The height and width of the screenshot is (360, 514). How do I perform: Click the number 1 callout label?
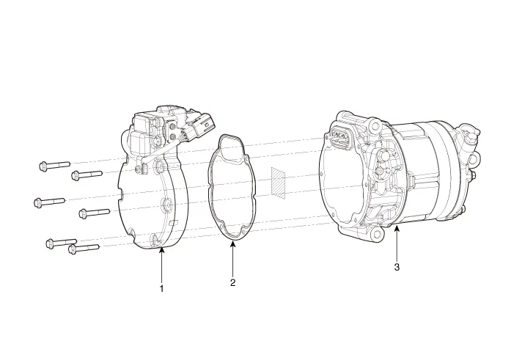(161, 289)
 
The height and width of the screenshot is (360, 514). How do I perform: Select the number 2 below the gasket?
(232, 282)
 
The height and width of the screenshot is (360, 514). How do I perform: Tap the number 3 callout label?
(397, 267)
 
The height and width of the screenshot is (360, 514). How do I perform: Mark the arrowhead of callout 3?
(397, 229)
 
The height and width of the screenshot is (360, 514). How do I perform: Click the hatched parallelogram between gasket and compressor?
(279, 183)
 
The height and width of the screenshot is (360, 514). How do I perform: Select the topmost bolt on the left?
(54, 165)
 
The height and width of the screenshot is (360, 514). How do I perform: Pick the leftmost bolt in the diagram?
(49, 202)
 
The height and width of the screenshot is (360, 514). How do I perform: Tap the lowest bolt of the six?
(84, 249)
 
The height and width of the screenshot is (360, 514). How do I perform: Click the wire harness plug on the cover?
(199, 128)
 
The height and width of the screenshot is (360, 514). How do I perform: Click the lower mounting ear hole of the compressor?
(378, 234)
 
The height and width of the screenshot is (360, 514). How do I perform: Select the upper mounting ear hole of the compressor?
(374, 124)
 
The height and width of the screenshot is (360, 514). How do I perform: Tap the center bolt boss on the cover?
(166, 205)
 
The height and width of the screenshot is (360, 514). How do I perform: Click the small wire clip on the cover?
(140, 169)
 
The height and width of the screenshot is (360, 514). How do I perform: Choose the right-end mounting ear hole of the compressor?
(474, 160)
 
